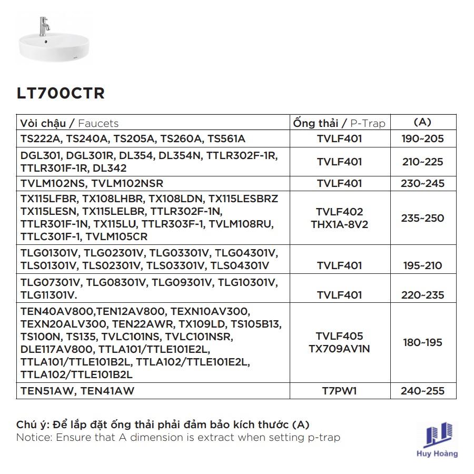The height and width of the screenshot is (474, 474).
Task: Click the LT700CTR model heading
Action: coord(61,93)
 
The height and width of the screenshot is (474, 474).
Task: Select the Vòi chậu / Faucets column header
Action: coord(70,123)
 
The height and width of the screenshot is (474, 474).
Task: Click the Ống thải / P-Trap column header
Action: coord(339,123)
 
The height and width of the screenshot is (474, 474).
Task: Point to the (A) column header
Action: coord(422,122)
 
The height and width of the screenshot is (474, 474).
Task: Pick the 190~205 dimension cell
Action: coord(422,139)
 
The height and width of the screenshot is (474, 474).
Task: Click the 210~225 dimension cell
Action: coord(422,162)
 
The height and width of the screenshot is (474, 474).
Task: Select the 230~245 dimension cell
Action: coord(422,183)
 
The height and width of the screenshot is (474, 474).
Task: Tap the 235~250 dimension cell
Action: coord(422,218)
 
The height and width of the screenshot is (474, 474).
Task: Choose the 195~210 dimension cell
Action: coord(422,265)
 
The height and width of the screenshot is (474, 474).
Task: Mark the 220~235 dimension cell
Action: coord(422,295)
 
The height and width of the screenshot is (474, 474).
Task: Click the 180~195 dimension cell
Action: coord(422,342)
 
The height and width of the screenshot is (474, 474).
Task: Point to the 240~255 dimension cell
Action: coord(422,391)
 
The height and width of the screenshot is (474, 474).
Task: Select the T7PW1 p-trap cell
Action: coord(339,391)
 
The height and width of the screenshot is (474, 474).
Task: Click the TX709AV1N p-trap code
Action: coord(339,349)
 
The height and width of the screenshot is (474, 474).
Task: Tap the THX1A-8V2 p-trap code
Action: coord(339,224)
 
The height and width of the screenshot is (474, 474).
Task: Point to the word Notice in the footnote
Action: coord(32,438)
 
